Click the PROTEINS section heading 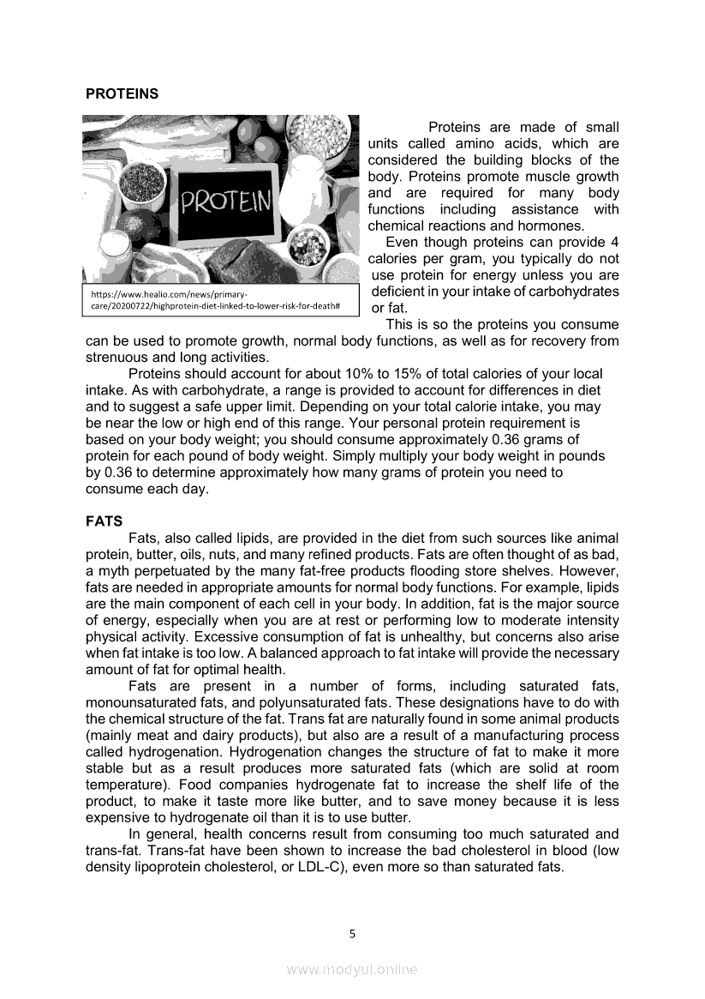(122, 93)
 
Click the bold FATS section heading (104, 521)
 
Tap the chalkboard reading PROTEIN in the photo (226, 203)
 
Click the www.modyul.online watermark (352, 970)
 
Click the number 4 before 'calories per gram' (614, 242)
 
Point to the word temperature (122, 785)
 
